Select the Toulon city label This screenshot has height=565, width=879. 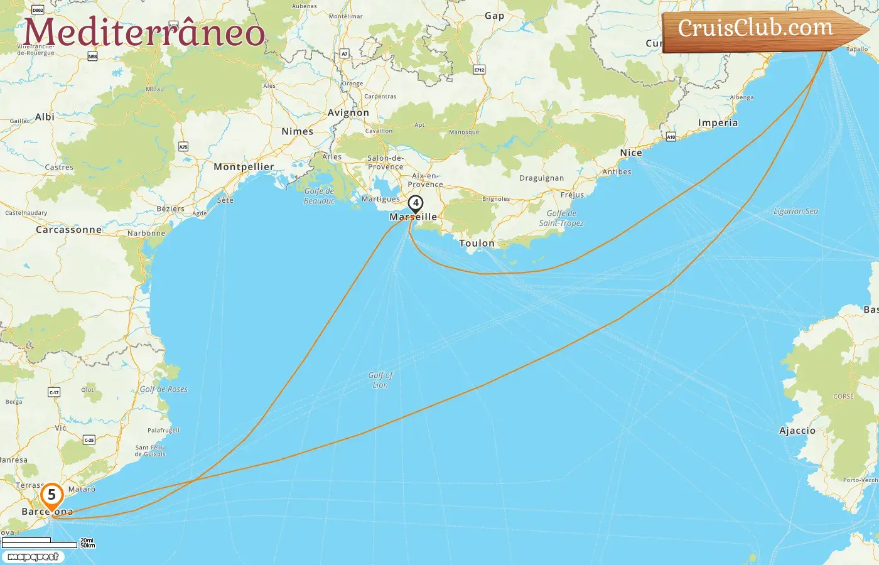tap(477, 244)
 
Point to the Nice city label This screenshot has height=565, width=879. tap(631, 153)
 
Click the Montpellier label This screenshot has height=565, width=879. tap(244, 167)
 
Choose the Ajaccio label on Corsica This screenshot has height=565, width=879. tap(797, 431)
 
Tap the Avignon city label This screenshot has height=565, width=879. tap(348, 113)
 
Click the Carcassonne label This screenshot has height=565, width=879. tap(68, 230)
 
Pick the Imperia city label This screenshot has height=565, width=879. tap(718, 123)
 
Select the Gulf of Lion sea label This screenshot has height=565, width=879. tap(380, 380)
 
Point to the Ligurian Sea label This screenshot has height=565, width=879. tap(795, 212)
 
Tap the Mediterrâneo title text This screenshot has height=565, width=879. tap(144, 33)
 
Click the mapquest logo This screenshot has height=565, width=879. tap(33, 557)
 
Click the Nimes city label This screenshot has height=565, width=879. tap(297, 132)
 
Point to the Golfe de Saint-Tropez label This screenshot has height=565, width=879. tap(561, 218)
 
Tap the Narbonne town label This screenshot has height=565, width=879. tap(146, 234)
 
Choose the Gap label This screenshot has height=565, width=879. tap(494, 16)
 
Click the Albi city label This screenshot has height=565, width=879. tap(45, 117)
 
